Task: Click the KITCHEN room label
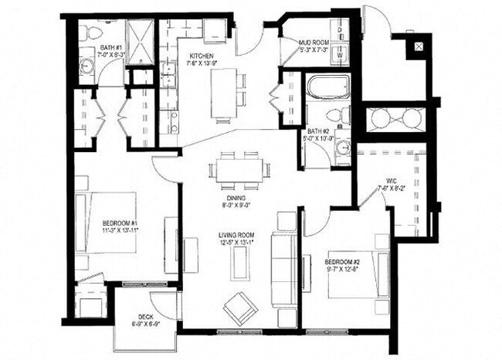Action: click(202, 55)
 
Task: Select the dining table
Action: click(238, 168)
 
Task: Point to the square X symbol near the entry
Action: click(419, 46)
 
